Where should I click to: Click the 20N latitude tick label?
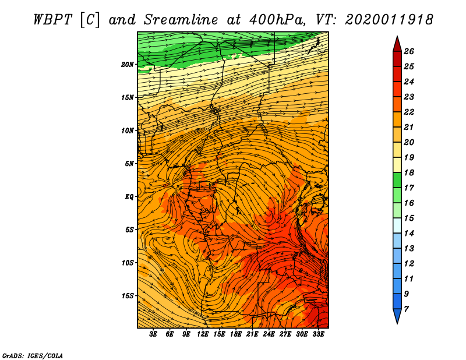(x=128, y=65)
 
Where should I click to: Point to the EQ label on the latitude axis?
(x=129, y=197)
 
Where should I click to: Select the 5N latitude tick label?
(x=129, y=164)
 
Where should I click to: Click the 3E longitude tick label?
(x=153, y=334)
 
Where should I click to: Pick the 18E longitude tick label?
(x=235, y=334)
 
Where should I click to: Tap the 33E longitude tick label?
(x=318, y=334)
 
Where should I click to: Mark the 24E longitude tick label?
(x=269, y=334)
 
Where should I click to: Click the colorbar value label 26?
(x=409, y=51)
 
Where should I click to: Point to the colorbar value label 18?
(x=409, y=172)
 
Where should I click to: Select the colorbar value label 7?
(x=406, y=309)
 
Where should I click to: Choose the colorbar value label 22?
(x=409, y=112)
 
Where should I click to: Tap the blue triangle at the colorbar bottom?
(x=397, y=316)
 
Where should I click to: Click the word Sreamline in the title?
(x=181, y=20)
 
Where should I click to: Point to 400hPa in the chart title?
(x=276, y=20)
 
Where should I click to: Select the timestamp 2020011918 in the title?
(x=389, y=20)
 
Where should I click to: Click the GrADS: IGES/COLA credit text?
(x=33, y=356)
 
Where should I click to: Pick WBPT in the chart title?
(x=53, y=20)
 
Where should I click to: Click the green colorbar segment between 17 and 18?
(x=397, y=180)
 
